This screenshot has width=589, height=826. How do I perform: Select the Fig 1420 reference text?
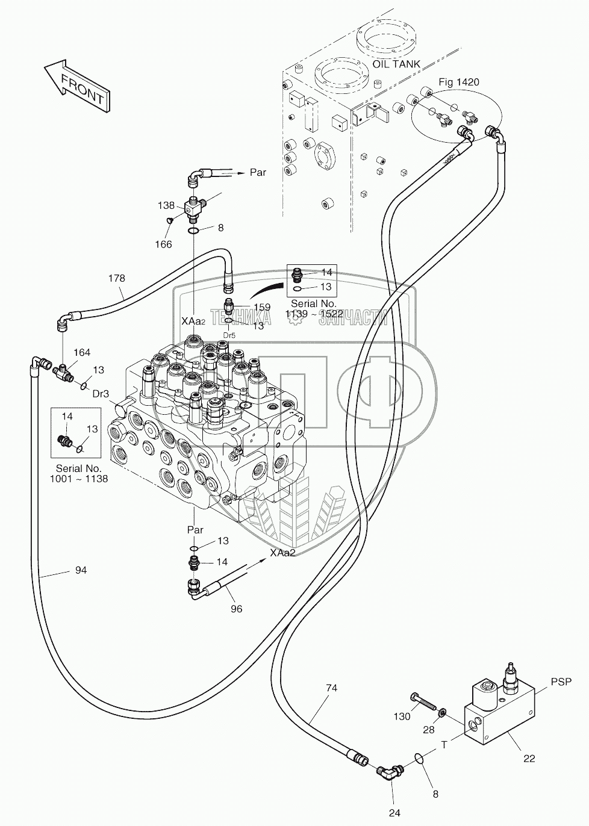458,82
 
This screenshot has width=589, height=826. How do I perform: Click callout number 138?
166,205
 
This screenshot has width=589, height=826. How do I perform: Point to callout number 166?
163,244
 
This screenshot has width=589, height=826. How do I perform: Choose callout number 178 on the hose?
116,278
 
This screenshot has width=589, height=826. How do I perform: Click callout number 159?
262,307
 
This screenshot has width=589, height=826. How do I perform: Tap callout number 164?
82,352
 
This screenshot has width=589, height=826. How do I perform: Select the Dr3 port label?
101,394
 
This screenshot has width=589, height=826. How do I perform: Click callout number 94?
81,570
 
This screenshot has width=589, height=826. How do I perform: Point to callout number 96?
237,609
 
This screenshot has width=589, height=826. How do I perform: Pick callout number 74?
331,688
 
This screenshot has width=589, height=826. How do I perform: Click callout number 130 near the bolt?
402,716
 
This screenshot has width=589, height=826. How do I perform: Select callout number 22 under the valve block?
529,759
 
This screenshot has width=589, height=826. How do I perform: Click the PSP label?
560,682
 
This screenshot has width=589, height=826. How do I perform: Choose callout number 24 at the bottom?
394,813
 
